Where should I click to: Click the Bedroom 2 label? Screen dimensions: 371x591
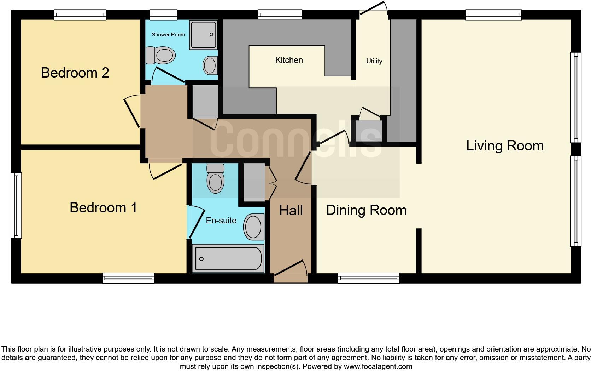(x=75, y=73)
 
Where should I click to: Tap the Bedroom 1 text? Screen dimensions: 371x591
(x=103, y=207)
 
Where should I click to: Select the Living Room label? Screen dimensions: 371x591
(x=505, y=146)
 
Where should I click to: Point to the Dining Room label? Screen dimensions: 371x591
(x=366, y=210)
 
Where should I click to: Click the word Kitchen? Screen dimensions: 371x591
(x=289, y=60)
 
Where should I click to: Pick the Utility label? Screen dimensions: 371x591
(x=374, y=61)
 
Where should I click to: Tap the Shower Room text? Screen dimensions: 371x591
(x=168, y=35)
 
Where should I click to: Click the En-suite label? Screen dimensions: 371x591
(x=221, y=221)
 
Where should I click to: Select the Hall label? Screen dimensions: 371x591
(x=291, y=211)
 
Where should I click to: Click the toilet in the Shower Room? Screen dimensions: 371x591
(x=161, y=56)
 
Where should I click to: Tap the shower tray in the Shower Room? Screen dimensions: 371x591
(x=203, y=35)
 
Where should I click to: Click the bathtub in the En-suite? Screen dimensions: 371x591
(x=228, y=258)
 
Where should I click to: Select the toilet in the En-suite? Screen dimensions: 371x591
(x=216, y=179)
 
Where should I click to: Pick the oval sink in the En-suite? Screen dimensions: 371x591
(x=253, y=227)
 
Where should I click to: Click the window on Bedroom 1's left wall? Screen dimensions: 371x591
(x=16, y=205)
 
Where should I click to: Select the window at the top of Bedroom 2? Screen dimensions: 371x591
(x=80, y=15)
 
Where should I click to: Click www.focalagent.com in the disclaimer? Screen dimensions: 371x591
(x=378, y=366)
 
